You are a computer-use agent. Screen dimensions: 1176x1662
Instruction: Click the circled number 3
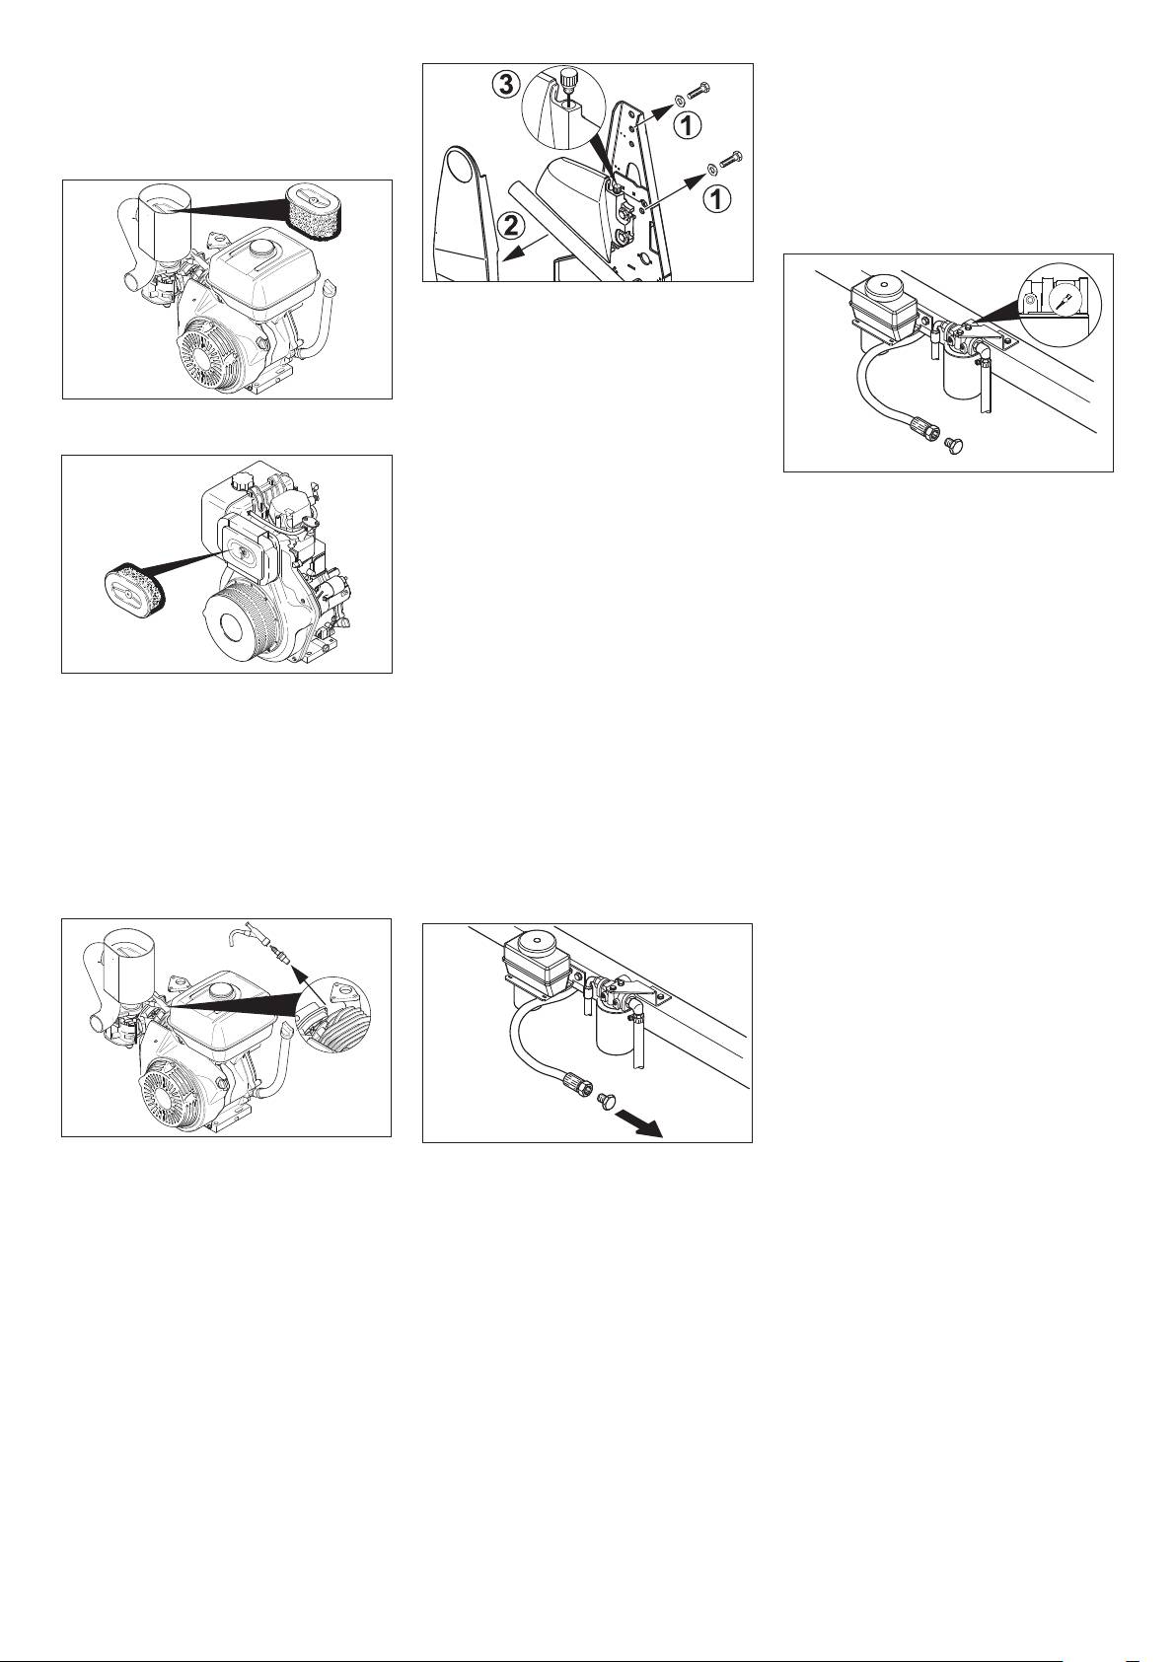(505, 85)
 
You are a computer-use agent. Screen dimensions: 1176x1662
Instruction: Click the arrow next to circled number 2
(525, 247)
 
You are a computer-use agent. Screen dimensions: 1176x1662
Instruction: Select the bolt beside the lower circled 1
(731, 161)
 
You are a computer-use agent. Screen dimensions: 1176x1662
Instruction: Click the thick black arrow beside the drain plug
(638, 1121)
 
